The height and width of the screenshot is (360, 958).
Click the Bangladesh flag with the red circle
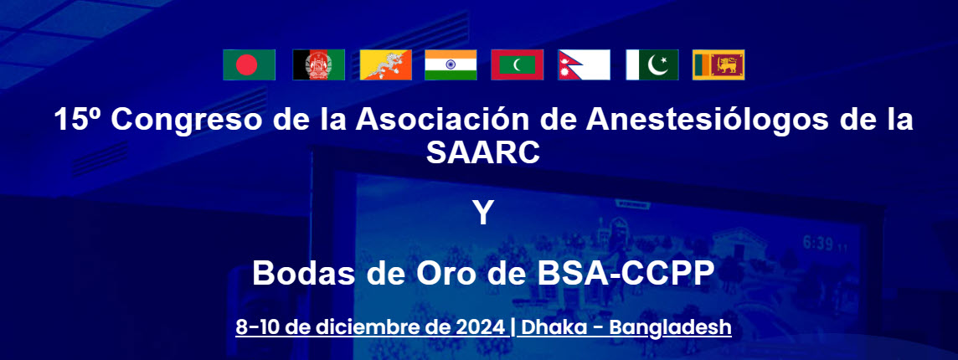coord(250,64)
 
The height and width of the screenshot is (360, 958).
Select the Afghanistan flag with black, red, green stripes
coord(318,64)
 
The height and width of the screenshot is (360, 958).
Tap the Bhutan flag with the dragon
coord(384,64)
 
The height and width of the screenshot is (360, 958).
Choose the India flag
coord(451,64)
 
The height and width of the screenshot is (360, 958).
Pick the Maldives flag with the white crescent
coord(517,64)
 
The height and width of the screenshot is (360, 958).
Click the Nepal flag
coord(584,64)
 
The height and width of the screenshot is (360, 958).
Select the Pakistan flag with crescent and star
coord(652,64)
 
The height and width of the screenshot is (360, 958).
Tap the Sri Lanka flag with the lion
coord(718,64)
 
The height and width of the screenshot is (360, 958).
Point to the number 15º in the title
coord(79,119)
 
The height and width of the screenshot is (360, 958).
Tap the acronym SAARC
coord(482,153)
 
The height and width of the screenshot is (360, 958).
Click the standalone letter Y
coord(482,214)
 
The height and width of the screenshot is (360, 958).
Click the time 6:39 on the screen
coord(818,244)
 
